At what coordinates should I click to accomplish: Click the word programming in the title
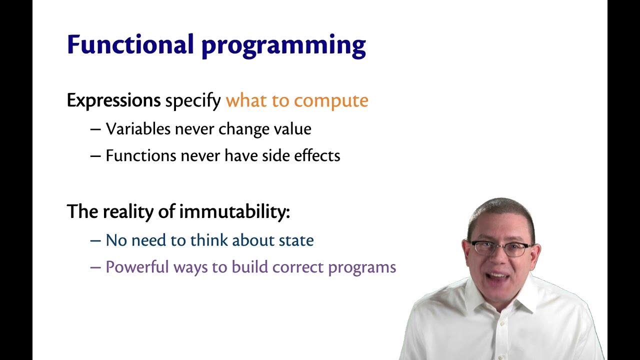tap(283, 46)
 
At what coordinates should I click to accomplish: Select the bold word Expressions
tap(113, 101)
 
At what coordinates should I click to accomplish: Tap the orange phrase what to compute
tap(297, 101)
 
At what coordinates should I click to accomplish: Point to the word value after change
tap(291, 129)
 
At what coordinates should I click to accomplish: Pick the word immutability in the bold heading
tap(234, 212)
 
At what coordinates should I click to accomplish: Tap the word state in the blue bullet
tap(296, 240)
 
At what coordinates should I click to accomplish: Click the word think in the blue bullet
tap(209, 240)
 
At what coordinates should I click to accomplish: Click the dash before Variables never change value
tap(95, 129)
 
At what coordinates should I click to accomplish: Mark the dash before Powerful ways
tap(95, 267)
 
